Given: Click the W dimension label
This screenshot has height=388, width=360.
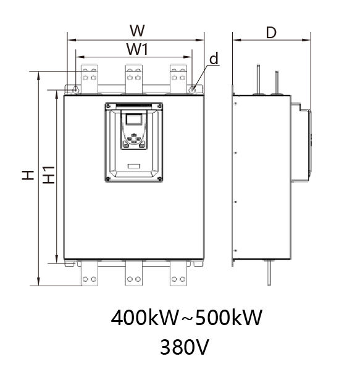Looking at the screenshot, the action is [x=137, y=31].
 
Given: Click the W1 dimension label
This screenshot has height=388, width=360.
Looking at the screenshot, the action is [x=138, y=49].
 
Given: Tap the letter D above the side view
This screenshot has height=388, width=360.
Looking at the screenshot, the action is [x=271, y=33].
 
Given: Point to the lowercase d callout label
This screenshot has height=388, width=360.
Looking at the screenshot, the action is [x=214, y=59].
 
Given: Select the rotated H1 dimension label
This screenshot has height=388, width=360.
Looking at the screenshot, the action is [x=49, y=175].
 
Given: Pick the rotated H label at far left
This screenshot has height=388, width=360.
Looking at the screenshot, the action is [x=28, y=175].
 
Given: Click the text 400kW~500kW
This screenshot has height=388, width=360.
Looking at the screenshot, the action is [x=186, y=318].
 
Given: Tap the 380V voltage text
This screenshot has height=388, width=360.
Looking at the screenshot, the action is [x=185, y=347].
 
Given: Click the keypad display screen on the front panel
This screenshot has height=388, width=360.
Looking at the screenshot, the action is [x=134, y=119].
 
